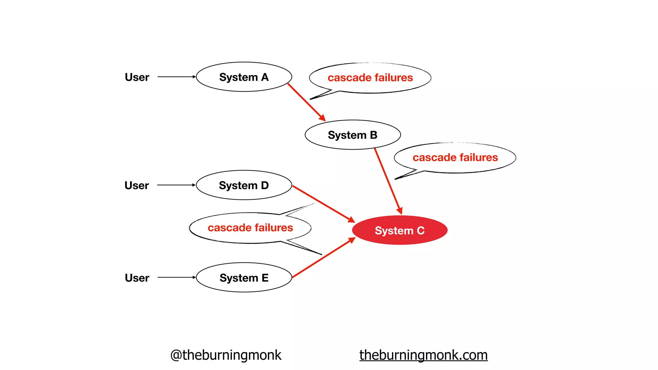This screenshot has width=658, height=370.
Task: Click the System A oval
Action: (x=244, y=77)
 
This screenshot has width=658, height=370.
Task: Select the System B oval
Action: (x=352, y=135)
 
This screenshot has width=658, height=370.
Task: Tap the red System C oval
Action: (x=400, y=230)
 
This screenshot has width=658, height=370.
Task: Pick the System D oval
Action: (x=244, y=185)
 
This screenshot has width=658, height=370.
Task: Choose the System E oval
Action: (x=244, y=277)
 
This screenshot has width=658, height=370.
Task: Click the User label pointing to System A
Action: (x=137, y=77)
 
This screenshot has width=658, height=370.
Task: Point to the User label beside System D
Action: (x=137, y=185)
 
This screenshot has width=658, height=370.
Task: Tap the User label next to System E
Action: (x=137, y=277)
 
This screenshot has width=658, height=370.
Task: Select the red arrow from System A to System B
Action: (x=306, y=102)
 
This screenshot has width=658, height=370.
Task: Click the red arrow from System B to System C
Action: (x=388, y=181)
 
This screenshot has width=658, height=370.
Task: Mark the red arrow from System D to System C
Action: (x=323, y=204)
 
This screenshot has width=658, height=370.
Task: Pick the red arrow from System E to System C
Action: (x=323, y=258)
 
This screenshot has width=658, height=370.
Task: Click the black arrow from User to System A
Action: (x=176, y=77)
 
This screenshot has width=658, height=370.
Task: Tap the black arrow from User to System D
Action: (x=176, y=185)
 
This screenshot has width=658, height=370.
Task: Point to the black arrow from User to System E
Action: (x=176, y=277)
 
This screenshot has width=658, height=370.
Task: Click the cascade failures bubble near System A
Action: (x=370, y=78)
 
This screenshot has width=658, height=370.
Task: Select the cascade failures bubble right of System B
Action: (x=455, y=158)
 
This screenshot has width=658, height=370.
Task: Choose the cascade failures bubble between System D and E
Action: (x=250, y=228)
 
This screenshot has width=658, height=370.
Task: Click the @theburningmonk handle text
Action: (x=226, y=355)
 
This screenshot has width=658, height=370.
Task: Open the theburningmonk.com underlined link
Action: (x=423, y=355)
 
